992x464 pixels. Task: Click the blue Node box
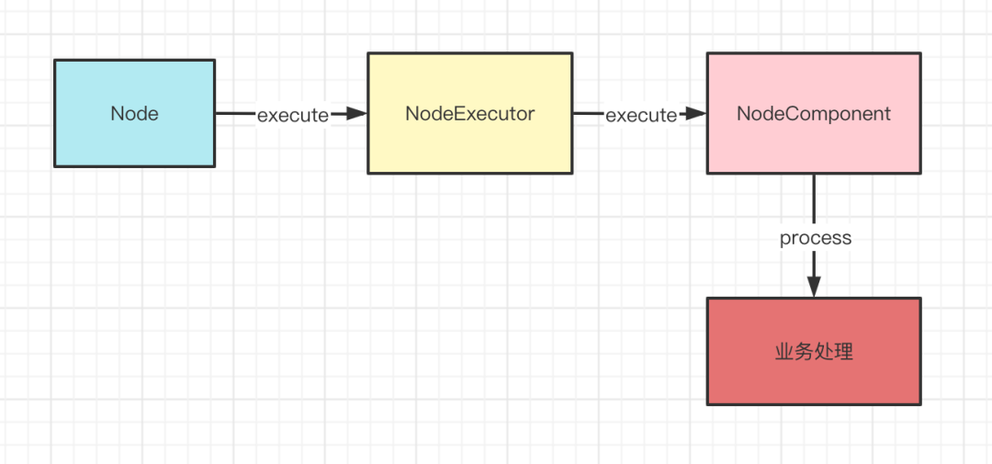[x=135, y=113]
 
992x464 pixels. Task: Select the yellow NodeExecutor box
[x=470, y=113]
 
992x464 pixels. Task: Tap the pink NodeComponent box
[x=814, y=113]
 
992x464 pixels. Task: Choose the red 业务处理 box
[x=814, y=351]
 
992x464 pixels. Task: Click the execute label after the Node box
[x=293, y=115]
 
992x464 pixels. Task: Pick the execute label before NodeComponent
[x=641, y=115]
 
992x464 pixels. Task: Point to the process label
[x=816, y=239]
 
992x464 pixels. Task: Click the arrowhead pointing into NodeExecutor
[x=357, y=114]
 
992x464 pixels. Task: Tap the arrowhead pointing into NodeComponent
[x=696, y=114]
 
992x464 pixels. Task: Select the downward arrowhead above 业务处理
[x=814, y=287]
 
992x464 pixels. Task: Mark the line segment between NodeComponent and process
[x=814, y=201]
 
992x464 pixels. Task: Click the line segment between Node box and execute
[x=236, y=114]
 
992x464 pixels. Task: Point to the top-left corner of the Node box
[x=55, y=60]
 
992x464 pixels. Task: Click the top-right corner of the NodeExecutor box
[x=572, y=53]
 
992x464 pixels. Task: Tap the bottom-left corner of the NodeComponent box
[x=707, y=173]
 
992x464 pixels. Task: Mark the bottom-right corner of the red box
[x=920, y=404]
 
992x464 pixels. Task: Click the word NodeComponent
[x=814, y=114]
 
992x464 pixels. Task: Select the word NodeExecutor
[x=470, y=114]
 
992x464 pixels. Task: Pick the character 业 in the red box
[x=784, y=353]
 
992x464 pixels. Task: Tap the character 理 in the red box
[x=843, y=353]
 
